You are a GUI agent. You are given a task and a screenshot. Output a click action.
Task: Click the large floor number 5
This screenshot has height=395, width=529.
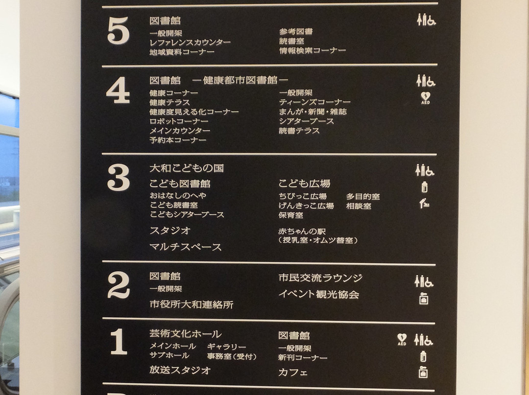click(x=118, y=31)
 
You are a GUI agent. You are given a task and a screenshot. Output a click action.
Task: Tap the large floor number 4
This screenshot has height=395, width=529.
click(x=118, y=90)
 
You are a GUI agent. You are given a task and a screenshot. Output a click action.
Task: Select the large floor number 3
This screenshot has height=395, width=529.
click(x=119, y=177)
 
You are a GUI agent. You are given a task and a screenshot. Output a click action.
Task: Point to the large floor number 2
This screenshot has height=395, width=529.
click(x=119, y=285)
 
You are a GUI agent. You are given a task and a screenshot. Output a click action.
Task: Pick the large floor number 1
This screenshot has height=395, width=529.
click(x=119, y=341)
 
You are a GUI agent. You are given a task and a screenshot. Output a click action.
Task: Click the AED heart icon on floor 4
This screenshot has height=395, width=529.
click(x=426, y=98)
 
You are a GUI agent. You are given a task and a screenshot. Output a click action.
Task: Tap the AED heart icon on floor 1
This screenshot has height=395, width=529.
click(x=402, y=339)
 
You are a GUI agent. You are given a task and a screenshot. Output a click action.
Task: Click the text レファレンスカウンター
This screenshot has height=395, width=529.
click(x=190, y=43)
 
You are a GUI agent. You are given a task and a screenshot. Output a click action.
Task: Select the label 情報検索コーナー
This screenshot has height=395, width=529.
click(x=313, y=50)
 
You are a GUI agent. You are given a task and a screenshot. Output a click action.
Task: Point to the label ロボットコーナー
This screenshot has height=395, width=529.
click(x=179, y=121)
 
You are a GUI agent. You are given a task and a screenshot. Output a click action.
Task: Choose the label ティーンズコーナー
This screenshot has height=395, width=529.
click(x=315, y=102)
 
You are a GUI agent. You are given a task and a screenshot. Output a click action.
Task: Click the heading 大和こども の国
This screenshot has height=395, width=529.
click(x=187, y=168)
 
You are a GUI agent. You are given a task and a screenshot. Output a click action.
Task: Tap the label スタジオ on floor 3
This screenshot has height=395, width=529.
click(x=170, y=231)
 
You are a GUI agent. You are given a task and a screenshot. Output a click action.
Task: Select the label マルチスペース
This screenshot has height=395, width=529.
click(x=186, y=247)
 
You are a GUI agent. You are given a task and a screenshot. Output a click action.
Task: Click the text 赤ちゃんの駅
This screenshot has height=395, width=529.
click(x=302, y=231)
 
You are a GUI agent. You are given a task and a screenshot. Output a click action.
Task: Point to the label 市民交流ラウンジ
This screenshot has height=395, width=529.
click(x=320, y=278)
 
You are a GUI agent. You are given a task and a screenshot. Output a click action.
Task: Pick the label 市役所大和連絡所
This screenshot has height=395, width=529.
click(x=192, y=305)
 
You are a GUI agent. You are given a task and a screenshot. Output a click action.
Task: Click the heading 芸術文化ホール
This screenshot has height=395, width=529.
click(x=186, y=334)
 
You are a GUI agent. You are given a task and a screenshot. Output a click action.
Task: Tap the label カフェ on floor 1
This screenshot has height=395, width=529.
click(x=293, y=372)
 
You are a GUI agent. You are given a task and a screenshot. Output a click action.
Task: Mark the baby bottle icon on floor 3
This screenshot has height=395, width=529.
click(x=424, y=187)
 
